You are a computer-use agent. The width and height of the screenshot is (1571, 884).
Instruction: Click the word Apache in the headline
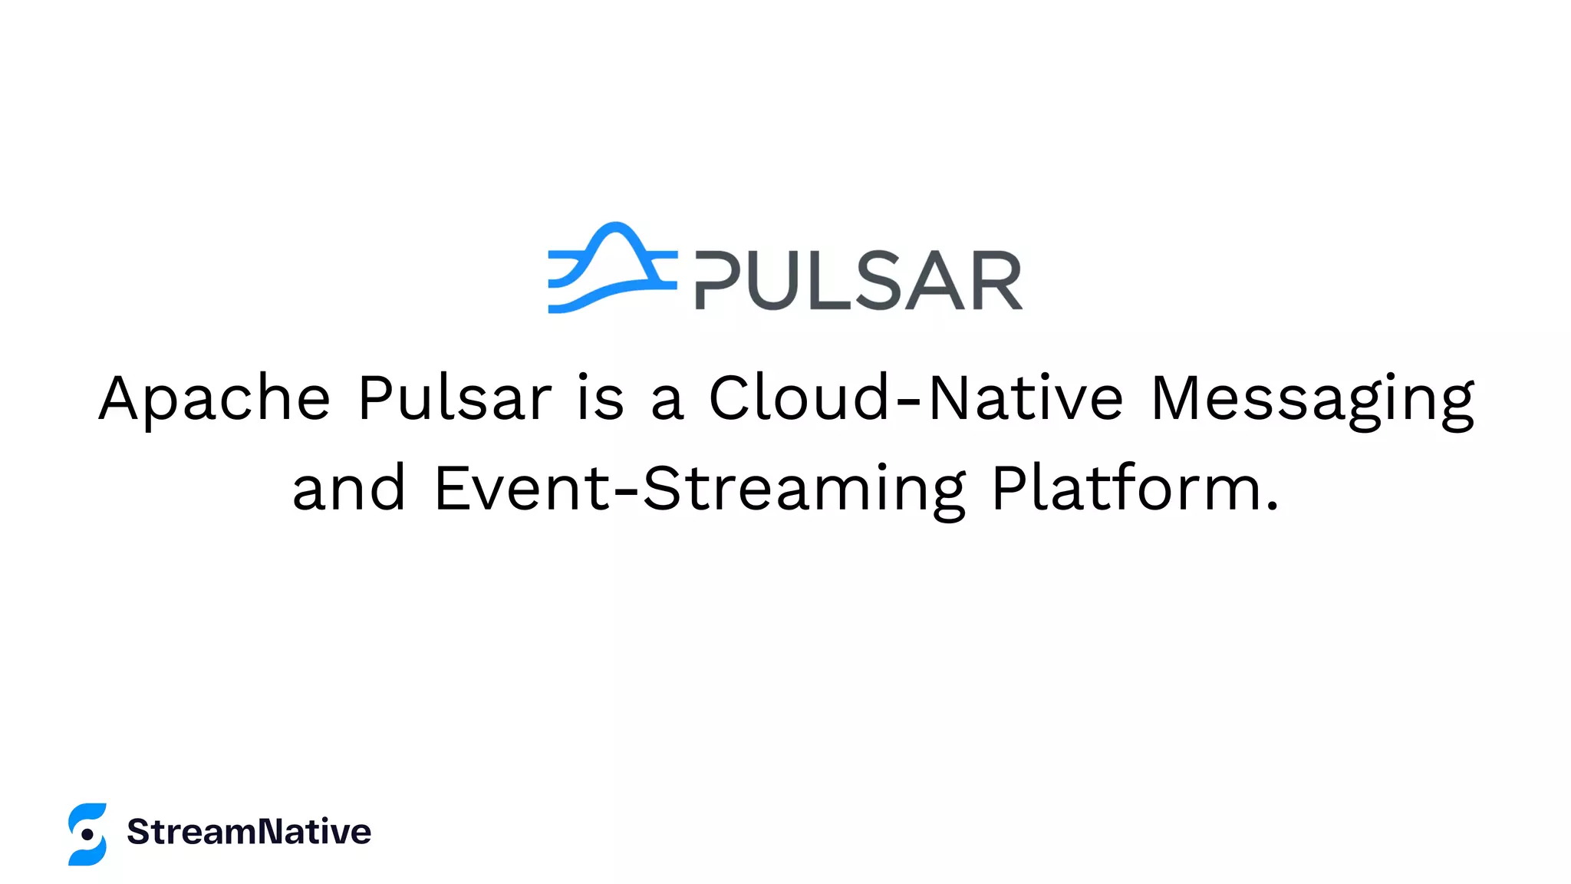[215, 399]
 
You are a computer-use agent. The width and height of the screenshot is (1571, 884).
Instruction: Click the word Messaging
[1312, 399]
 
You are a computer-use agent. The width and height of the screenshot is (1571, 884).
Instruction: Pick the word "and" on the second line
[349, 488]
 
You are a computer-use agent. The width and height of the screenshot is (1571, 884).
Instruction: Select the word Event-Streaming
[700, 490]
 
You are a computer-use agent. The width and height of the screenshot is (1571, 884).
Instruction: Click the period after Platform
[1272, 506]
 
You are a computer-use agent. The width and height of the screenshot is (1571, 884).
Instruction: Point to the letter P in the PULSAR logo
[718, 280]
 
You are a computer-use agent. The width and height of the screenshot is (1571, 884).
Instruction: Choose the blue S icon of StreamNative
[87, 834]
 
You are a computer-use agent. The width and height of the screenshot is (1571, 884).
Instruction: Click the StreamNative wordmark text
[249, 832]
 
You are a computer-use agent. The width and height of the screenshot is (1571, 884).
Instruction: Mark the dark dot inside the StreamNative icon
[87, 834]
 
